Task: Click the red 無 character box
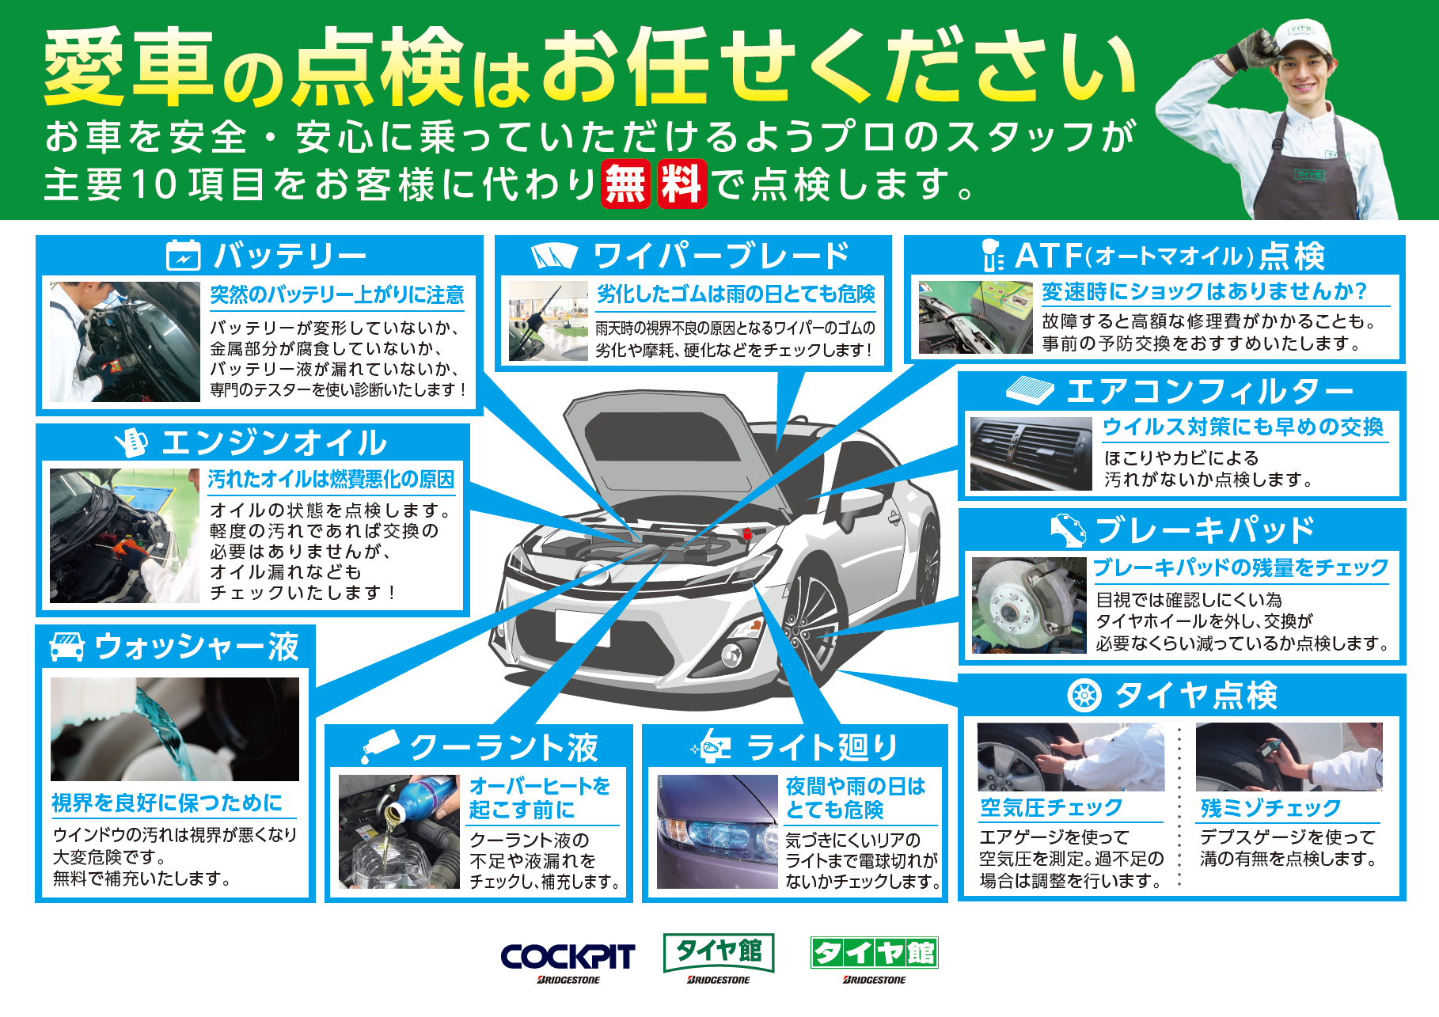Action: tap(626, 184)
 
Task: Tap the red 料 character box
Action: tap(682, 184)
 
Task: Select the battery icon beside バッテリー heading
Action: tap(184, 256)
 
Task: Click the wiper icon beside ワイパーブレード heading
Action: tap(554, 256)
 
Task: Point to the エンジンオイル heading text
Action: tap(274, 443)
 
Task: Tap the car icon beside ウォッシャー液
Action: tap(67, 647)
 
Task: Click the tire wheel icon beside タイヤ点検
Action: tap(1084, 696)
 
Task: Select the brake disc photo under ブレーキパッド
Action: tap(1029, 605)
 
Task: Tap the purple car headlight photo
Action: tap(717, 832)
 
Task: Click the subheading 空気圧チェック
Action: tap(1051, 807)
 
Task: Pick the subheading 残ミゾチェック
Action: tap(1270, 807)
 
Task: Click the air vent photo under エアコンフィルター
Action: tap(1031, 454)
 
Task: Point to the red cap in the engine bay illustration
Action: tap(746, 534)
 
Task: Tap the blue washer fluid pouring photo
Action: tap(175, 729)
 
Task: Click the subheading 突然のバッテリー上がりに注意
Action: tap(337, 295)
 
